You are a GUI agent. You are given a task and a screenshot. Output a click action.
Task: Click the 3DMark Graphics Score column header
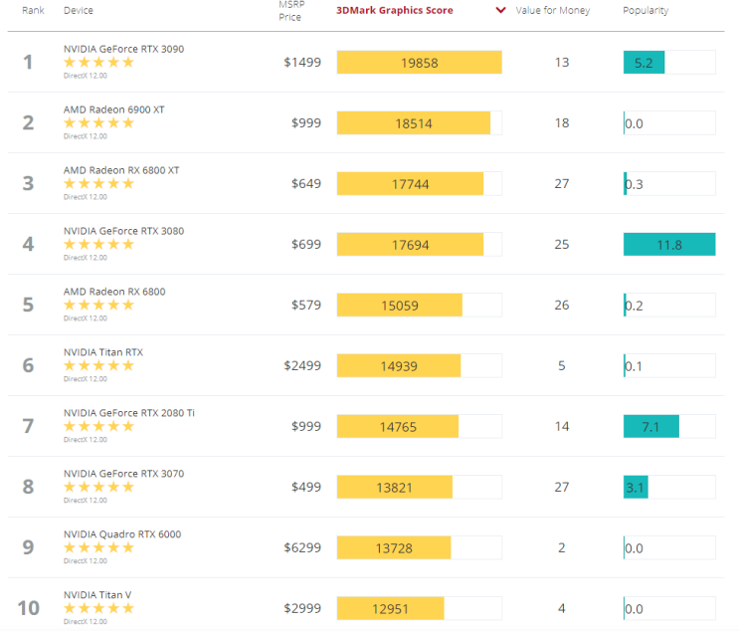pos(395,10)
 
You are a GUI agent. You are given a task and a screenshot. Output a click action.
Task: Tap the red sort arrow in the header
pos(501,10)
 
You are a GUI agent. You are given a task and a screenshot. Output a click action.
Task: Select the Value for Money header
pos(552,10)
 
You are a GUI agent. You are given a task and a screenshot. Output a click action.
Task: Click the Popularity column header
pos(646,10)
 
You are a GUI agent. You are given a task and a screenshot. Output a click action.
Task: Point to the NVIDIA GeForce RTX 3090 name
pos(123,49)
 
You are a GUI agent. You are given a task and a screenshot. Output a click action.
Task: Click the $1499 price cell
pos(302,63)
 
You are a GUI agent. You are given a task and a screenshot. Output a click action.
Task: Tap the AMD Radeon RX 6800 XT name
pos(121,170)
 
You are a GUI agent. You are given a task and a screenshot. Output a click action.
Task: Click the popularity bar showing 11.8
pos(669,244)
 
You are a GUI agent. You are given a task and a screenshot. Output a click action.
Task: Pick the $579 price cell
pos(306,306)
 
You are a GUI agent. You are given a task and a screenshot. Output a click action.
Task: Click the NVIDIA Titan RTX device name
pos(103,352)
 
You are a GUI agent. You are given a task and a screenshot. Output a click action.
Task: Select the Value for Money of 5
pos(561,366)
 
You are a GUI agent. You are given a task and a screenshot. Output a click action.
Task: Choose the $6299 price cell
pos(302,547)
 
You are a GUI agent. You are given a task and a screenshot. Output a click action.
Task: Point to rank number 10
pos(28,608)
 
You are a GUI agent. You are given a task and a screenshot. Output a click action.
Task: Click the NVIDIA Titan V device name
pos(97,595)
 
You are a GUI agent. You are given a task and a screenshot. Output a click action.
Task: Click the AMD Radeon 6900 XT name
pos(114,109)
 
